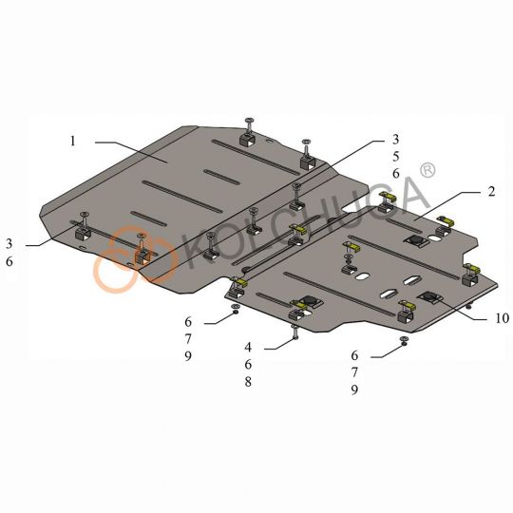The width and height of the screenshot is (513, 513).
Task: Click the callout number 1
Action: click(72, 142)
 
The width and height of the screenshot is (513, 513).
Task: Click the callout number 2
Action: click(491, 192)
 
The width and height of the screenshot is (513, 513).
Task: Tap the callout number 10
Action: click(503, 318)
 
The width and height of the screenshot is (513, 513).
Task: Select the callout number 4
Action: click(248, 348)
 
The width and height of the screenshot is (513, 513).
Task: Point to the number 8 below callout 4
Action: click(248, 382)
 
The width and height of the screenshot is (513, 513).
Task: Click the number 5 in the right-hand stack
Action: click(396, 157)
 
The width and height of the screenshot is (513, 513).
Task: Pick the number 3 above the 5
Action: click(396, 140)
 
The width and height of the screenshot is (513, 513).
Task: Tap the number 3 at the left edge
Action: click(9, 244)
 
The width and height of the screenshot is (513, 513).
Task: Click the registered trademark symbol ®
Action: click(427, 171)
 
